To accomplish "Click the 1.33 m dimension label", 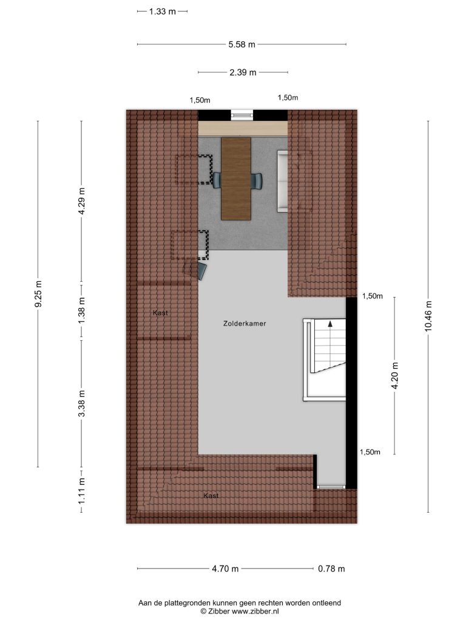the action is tap(163, 12).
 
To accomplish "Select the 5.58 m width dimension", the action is tap(241, 44).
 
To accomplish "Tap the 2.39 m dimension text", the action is tap(243, 72).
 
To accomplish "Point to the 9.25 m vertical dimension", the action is tap(38, 294).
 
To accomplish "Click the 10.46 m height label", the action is tap(428, 316).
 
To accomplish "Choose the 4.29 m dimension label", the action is tap(82, 200).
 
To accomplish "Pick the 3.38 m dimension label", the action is tap(82, 404).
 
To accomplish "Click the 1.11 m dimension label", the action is tap(82, 491).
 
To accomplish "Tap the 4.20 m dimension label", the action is tap(394, 375).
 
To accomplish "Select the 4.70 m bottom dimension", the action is tap(225, 569).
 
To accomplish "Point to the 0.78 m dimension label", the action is tap(331, 569).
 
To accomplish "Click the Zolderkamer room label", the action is tap(245, 324).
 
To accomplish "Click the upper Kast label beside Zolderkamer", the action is tap(160, 313).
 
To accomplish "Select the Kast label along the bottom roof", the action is tap(211, 496).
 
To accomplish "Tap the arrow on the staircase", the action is tap(330, 323).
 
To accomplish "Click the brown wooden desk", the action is tap(236, 179).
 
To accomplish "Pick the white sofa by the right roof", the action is tap(282, 180).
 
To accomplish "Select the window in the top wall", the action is tap(242, 115).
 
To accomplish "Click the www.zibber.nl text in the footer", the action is tap(255, 612).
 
